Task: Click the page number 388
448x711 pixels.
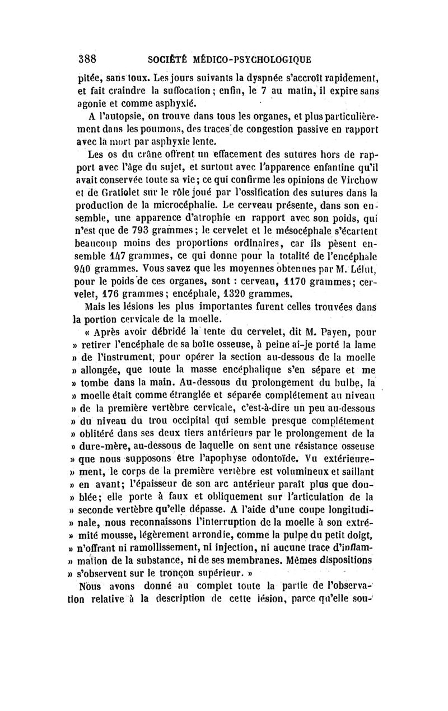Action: pos(87,58)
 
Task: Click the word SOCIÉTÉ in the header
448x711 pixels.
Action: pos(167,58)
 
